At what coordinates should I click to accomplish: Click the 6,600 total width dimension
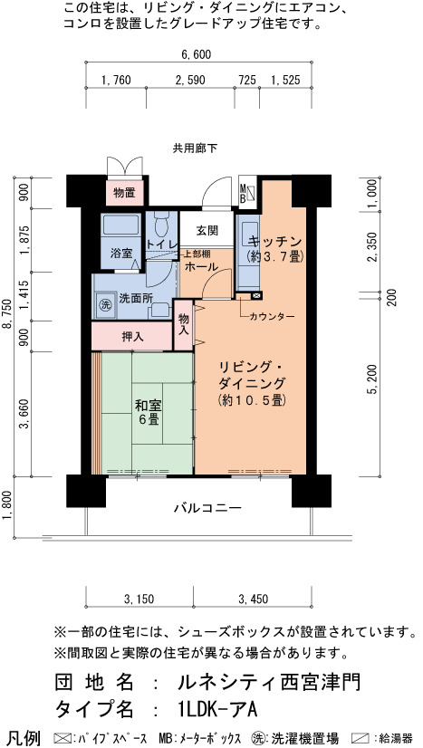196,54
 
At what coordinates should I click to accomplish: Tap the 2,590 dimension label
190,80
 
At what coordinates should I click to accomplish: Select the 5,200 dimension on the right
374,379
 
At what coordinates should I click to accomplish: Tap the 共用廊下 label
195,149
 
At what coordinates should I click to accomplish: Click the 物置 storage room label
124,193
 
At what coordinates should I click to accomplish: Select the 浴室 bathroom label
121,254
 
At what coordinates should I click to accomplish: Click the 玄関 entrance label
207,230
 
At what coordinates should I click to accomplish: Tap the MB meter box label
242,194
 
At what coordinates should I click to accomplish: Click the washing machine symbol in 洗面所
103,303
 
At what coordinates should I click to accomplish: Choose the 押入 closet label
132,337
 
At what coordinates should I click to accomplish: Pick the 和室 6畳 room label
149,413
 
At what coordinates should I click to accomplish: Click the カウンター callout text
272,316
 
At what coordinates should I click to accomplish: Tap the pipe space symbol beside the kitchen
256,296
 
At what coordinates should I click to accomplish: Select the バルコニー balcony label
207,507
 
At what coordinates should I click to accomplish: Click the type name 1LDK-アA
216,709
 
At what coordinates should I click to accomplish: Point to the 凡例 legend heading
24,738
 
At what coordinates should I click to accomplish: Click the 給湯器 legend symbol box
361,738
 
